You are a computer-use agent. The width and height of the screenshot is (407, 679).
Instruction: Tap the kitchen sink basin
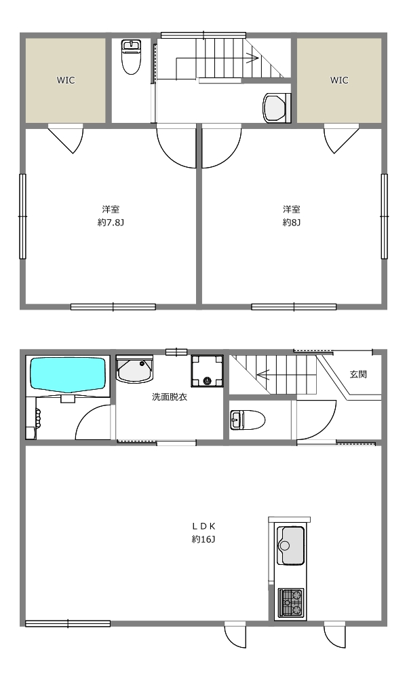click(x=290, y=545)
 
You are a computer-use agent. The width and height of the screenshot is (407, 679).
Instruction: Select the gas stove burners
click(x=290, y=602)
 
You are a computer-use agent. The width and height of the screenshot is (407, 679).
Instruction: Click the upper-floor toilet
click(x=131, y=57)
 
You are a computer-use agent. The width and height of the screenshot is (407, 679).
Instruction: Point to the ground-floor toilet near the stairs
click(x=247, y=420)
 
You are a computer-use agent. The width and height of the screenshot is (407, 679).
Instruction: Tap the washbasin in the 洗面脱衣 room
click(x=135, y=369)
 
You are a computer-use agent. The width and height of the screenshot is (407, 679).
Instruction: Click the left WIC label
click(x=66, y=80)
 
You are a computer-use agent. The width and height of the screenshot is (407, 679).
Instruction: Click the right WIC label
click(x=339, y=80)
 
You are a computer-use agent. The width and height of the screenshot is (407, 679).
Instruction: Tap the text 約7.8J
click(x=111, y=223)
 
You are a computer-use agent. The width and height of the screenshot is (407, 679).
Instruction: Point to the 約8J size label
click(x=292, y=223)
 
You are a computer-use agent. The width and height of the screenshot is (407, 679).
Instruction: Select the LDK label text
click(x=203, y=526)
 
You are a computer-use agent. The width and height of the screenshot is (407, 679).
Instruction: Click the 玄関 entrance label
click(x=358, y=374)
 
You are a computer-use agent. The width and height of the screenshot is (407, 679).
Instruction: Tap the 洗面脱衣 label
click(x=170, y=397)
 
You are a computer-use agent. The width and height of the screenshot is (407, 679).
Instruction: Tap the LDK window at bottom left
click(x=68, y=623)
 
